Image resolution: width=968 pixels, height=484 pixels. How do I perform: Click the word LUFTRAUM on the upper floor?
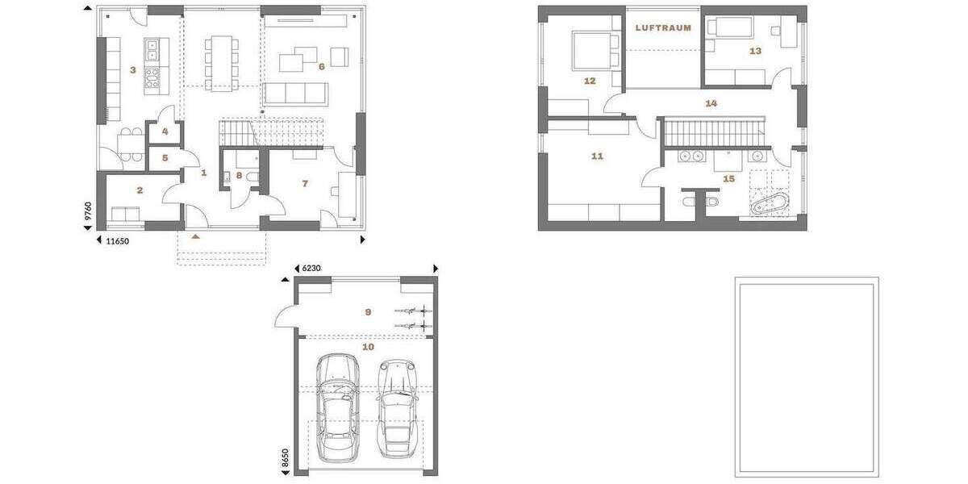point(663,27)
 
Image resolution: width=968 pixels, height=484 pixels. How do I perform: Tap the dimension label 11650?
point(114,240)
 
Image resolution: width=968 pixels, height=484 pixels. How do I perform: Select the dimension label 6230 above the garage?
point(311,269)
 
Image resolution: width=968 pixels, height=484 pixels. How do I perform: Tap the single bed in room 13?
point(729,28)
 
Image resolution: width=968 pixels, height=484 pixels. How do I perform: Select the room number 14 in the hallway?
point(711,103)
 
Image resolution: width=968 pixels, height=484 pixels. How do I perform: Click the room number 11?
point(597,156)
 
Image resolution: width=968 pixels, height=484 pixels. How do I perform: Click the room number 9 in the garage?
point(367,311)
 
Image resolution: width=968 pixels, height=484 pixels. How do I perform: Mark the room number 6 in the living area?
point(321,66)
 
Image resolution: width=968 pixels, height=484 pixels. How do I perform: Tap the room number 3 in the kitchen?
point(132,70)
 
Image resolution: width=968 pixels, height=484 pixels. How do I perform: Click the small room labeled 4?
point(165,131)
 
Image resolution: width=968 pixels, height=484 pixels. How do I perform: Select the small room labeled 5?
point(165,157)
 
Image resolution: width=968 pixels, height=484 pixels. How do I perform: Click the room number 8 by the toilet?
point(239,175)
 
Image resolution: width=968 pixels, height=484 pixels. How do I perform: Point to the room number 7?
point(304,184)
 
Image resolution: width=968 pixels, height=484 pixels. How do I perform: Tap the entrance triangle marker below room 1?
point(194,237)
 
